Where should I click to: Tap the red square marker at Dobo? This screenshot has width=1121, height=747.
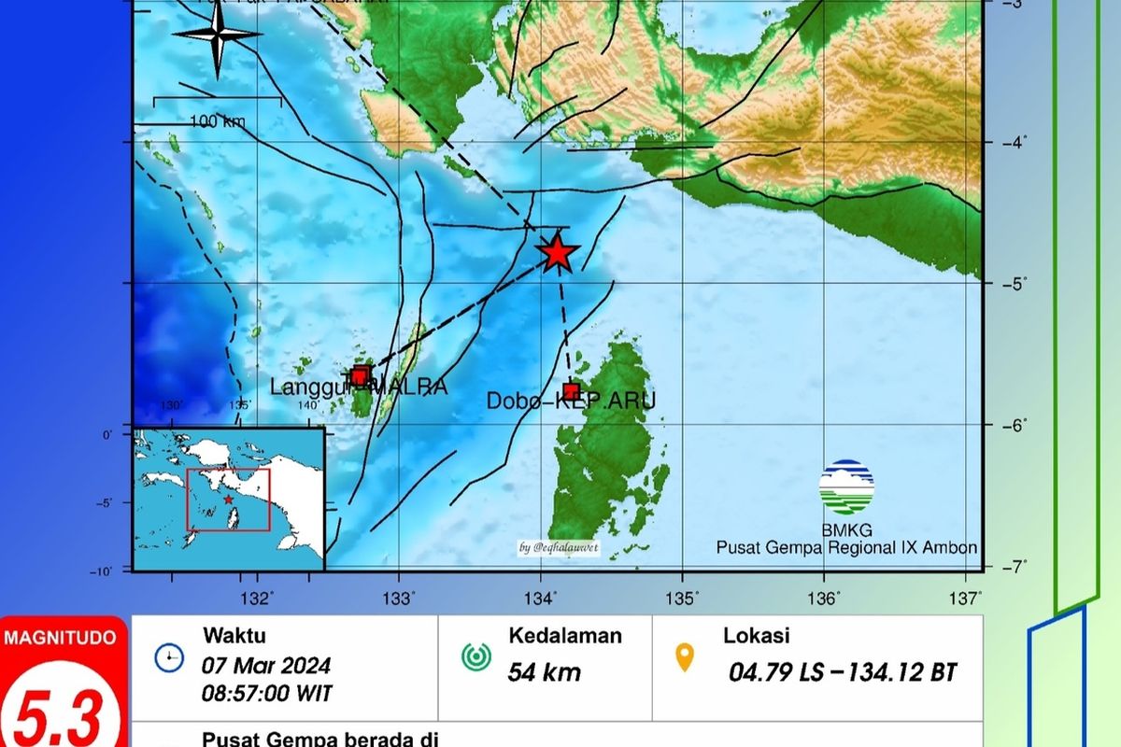(572, 391)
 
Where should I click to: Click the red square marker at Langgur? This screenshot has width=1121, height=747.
(361, 376)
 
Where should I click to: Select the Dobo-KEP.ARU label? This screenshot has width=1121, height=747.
(571, 402)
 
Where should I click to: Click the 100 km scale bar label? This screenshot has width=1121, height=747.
(217, 121)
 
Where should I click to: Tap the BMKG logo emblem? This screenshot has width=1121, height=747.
(846, 487)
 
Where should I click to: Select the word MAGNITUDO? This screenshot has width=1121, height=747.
(62, 639)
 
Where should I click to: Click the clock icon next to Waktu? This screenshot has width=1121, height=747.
(169, 658)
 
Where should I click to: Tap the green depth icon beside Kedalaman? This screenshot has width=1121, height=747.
(476, 657)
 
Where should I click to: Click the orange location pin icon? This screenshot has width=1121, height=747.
(686, 657)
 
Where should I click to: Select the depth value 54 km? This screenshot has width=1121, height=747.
(545, 671)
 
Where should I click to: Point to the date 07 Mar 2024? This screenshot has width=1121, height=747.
(266, 667)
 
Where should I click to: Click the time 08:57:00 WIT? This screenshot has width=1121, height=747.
(266, 694)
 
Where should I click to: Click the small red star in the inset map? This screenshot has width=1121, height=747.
(229, 500)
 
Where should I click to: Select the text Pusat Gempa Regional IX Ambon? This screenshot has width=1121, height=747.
(846, 548)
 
